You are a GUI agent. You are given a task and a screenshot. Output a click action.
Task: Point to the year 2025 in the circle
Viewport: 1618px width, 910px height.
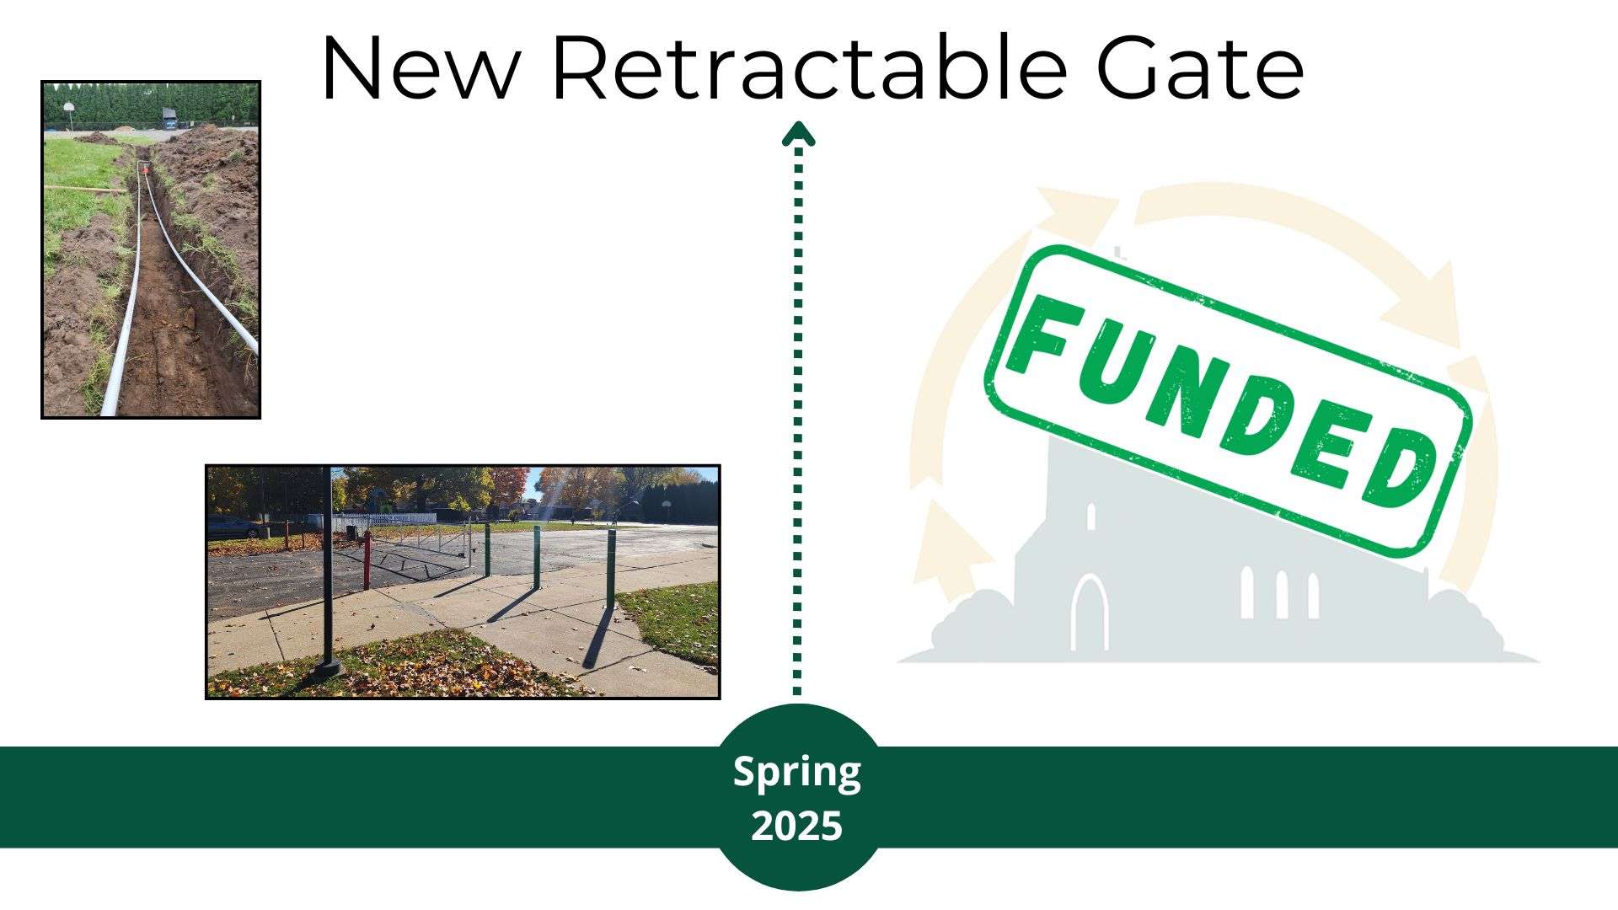tap(797, 826)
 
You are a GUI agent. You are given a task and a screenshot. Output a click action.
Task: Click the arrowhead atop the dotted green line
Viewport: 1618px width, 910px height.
tap(798, 134)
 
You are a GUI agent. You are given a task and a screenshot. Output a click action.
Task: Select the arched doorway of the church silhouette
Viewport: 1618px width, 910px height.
tap(1090, 613)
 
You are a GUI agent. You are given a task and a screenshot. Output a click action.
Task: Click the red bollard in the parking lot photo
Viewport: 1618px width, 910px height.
tap(366, 559)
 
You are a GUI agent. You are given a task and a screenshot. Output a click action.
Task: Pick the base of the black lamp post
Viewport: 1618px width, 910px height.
tap(325, 671)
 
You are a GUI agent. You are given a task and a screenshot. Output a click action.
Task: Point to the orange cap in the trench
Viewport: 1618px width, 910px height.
tap(145, 169)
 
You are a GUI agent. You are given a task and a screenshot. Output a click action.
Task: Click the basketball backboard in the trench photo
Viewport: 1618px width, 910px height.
tap(68, 108)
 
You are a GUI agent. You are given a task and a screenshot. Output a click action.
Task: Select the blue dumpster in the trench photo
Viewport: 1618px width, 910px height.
tap(170, 120)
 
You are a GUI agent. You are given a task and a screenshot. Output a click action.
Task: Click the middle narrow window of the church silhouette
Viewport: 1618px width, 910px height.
tap(1281, 594)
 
